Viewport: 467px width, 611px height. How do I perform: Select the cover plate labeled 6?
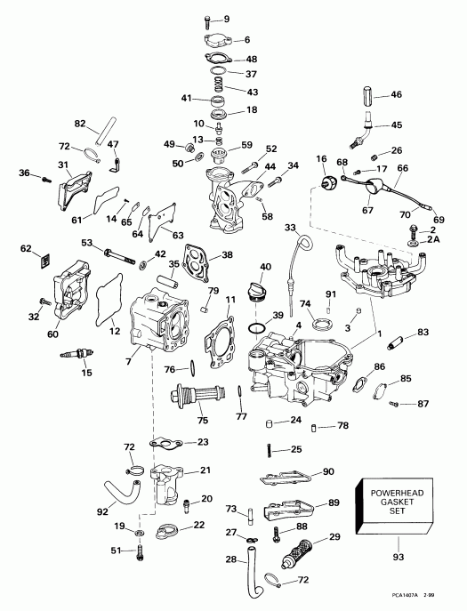click(214, 42)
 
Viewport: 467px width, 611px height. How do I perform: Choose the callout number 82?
click(80, 124)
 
